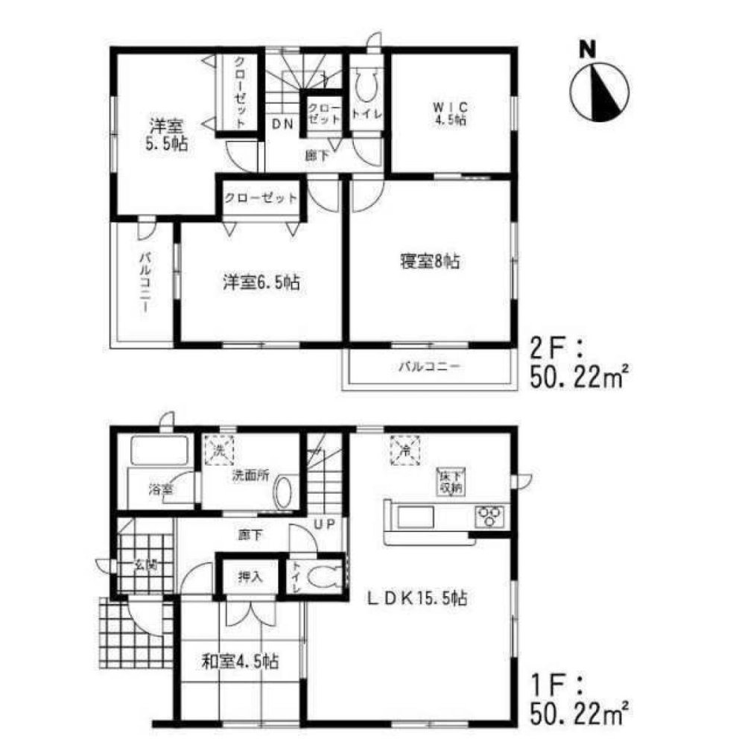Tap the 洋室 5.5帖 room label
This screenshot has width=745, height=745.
click(166, 134)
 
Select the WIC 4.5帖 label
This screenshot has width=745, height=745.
click(451, 113)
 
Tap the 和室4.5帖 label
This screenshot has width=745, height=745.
click(240, 660)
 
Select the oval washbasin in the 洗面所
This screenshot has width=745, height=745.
click(283, 493)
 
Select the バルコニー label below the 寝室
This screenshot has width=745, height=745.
click(429, 367)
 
